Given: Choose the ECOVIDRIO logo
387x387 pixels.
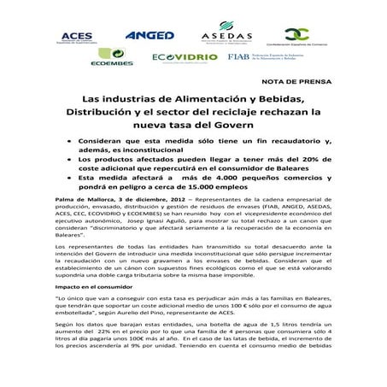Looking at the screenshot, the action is click(x=177, y=58).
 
